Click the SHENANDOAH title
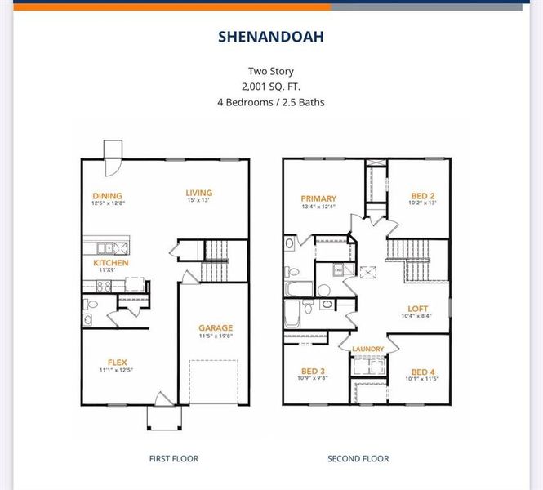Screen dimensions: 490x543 [x=271, y=37]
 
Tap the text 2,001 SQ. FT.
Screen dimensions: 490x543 [x=271, y=87]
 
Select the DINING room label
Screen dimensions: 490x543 [x=108, y=196]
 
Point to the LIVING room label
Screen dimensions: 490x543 [x=199, y=193]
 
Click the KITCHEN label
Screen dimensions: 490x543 [x=110, y=263]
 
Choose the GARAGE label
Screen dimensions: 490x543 [x=216, y=328]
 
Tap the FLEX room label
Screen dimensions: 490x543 [x=117, y=363]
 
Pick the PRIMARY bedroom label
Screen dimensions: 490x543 [x=318, y=198]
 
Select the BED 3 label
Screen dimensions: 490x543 [x=314, y=371]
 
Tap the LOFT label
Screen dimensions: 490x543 [x=418, y=309]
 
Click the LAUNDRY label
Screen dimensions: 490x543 [x=367, y=350]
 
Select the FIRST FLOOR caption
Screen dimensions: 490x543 [x=173, y=459]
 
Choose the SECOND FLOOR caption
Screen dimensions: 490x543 [x=358, y=459]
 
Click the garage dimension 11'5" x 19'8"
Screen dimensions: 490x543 [x=216, y=336]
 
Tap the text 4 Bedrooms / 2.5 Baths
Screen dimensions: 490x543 [x=271, y=103]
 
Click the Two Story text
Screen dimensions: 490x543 [x=271, y=71]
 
